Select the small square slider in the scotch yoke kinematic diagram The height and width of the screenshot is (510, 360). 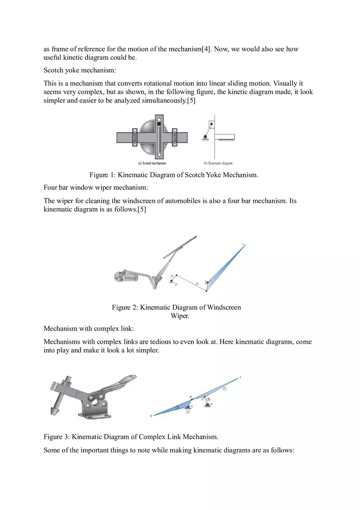(x=211, y=124)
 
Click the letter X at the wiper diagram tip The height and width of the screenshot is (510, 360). (x=243, y=245)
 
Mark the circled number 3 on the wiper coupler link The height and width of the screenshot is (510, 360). (x=197, y=283)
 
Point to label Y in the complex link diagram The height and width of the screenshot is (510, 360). (x=240, y=377)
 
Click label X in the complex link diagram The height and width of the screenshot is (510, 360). (x=151, y=416)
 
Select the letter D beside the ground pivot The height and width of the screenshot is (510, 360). (x=211, y=404)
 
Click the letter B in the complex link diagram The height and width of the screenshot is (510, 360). (x=191, y=396)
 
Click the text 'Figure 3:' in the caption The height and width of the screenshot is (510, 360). (x=57, y=437)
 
